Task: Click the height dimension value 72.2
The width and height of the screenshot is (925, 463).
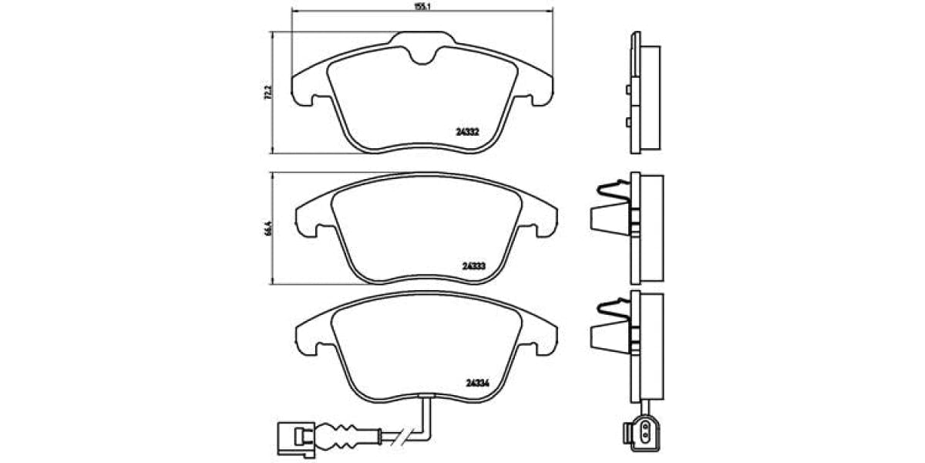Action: pyautogui.click(x=267, y=93)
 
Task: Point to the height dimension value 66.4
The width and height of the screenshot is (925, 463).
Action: pyautogui.click(x=267, y=229)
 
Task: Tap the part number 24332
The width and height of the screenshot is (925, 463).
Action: pyautogui.click(x=469, y=131)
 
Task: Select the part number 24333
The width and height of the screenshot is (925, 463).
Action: pyautogui.click(x=473, y=265)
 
